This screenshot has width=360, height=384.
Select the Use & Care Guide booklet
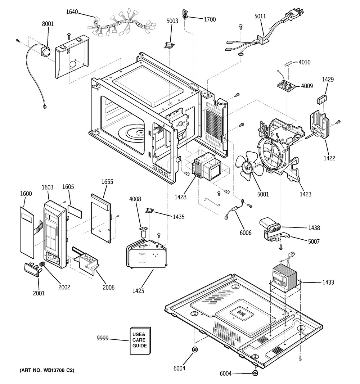tap(140, 340)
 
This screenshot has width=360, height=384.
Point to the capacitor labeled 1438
tap(272, 226)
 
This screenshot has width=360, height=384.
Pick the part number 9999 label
tap(103, 338)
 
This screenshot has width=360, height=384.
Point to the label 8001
tap(48, 24)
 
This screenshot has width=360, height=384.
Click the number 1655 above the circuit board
tap(107, 182)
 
